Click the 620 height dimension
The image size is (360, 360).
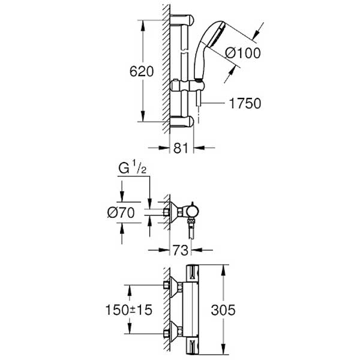pos(143,71)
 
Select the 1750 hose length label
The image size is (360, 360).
pos(244,104)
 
